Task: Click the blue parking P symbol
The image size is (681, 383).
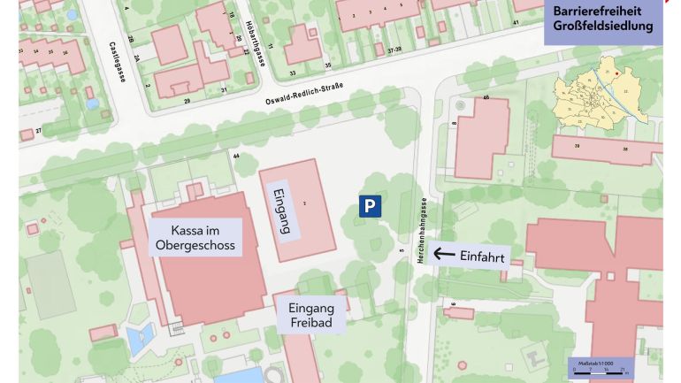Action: (371, 206)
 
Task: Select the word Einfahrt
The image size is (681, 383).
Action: (482, 257)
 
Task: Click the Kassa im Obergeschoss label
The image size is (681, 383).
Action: (195, 238)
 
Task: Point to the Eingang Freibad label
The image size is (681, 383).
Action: (311, 315)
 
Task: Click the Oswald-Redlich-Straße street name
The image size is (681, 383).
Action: (303, 94)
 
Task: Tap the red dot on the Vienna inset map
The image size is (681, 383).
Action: (607, 73)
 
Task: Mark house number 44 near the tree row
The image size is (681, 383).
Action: (236, 156)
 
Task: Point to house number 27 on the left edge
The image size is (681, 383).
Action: (38, 131)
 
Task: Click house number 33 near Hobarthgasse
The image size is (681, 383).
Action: (292, 73)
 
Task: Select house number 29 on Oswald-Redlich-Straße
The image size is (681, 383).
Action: (187, 101)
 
